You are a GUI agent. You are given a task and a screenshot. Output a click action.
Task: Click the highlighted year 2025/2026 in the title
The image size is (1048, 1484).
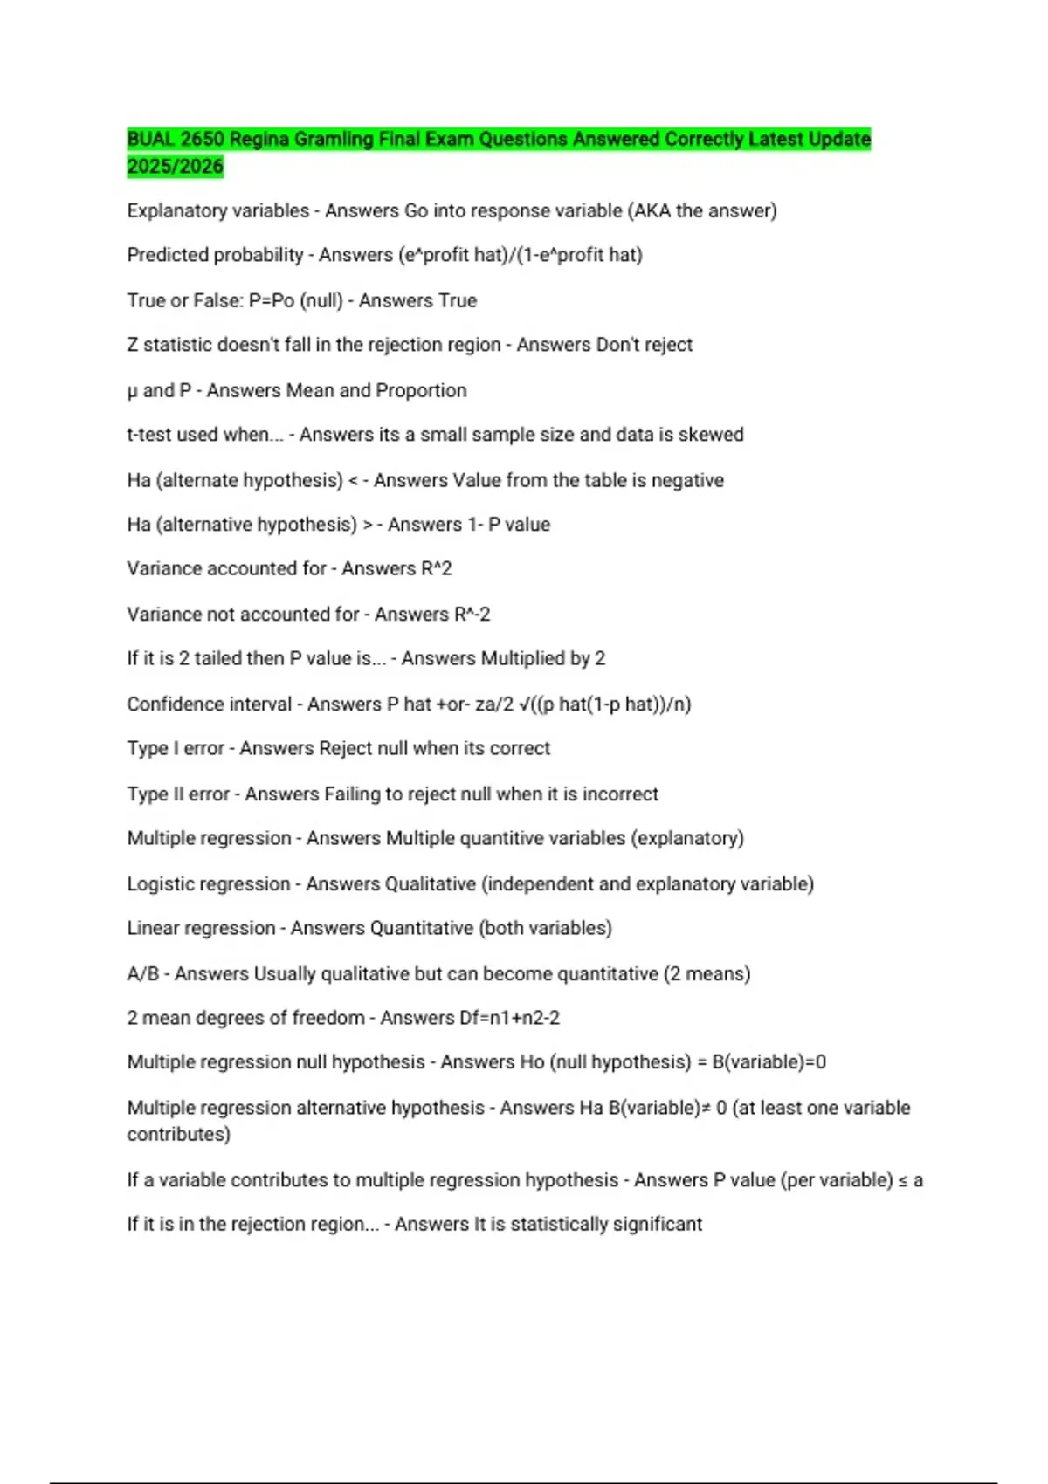coord(175,166)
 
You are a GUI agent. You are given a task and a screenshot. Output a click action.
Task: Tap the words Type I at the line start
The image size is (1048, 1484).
coord(153,749)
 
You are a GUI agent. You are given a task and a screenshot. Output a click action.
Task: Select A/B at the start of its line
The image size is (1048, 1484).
coord(143,974)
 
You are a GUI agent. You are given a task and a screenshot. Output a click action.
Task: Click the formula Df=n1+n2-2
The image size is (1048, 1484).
coord(508,1019)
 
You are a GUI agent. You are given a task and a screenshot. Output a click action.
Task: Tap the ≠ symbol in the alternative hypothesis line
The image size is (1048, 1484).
coord(707,1109)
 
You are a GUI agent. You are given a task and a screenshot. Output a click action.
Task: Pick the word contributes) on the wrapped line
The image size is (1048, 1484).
coord(179,1135)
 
